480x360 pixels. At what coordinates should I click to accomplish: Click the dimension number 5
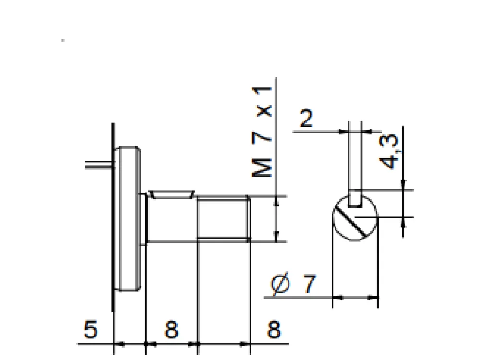tap(90, 329)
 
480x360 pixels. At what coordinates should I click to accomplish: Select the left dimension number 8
tap(171, 329)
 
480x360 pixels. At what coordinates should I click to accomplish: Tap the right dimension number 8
tap(274, 329)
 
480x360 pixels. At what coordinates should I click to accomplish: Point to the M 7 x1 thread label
tap(262, 132)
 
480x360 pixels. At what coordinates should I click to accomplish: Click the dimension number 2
tap(306, 118)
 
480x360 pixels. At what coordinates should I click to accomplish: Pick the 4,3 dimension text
tap(389, 152)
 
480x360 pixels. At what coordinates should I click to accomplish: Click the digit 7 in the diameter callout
tap(309, 284)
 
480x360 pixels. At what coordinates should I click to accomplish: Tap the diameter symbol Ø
tap(280, 284)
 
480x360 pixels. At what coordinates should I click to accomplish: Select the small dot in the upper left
tap(63, 40)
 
